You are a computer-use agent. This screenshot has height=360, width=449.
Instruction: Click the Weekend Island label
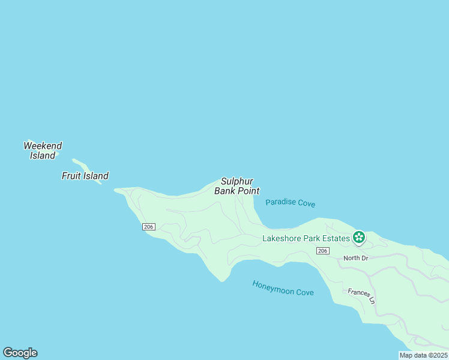click(x=43, y=151)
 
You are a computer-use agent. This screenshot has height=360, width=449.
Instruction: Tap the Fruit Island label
click(x=85, y=176)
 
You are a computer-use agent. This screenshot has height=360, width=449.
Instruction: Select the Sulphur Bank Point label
click(x=237, y=186)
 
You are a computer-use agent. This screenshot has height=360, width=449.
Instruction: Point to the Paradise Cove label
click(x=290, y=203)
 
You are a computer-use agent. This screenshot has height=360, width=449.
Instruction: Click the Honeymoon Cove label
click(x=283, y=288)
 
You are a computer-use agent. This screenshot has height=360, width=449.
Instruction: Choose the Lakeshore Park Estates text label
click(x=306, y=238)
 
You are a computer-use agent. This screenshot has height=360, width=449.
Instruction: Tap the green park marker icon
click(x=359, y=238)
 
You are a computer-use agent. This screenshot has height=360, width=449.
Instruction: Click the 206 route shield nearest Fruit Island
click(x=149, y=226)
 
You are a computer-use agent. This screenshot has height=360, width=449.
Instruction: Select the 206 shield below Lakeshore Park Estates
click(x=323, y=250)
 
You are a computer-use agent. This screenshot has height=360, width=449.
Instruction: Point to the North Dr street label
click(x=355, y=258)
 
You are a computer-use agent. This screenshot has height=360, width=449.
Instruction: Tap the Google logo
click(x=20, y=353)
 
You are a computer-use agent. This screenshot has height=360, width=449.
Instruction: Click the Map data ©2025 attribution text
click(x=424, y=355)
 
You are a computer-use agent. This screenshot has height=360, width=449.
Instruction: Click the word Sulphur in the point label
click(x=237, y=181)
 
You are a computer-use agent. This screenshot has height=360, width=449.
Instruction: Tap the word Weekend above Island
click(x=43, y=146)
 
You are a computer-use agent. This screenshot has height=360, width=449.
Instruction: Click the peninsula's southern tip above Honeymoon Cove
click(x=223, y=278)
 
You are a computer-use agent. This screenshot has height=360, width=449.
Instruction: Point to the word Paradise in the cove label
click(x=280, y=202)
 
